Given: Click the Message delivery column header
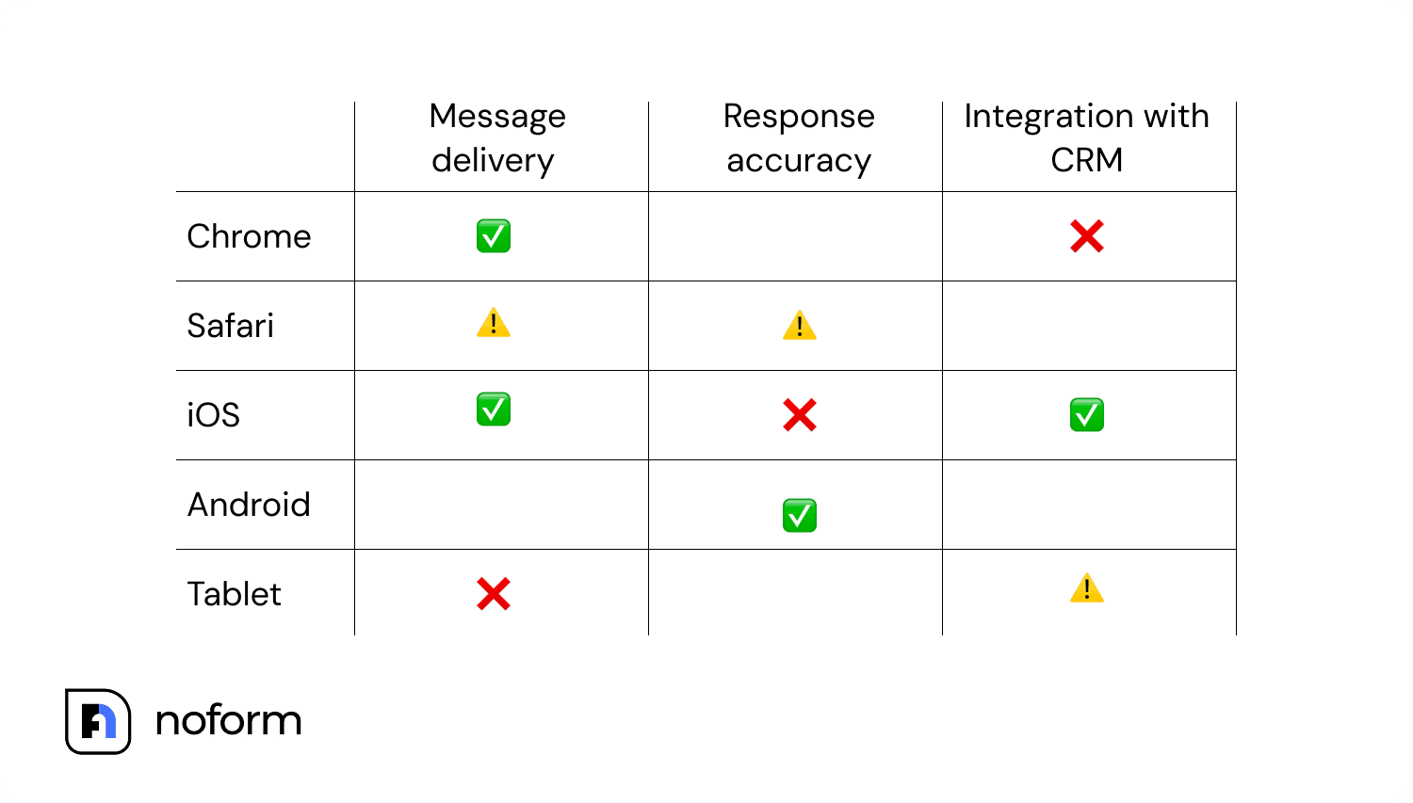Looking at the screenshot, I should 496,138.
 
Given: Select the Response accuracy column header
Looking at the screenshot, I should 799,138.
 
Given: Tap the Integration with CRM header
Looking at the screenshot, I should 1086,138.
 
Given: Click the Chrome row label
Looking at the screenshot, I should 249,236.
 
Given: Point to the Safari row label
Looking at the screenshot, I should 231,326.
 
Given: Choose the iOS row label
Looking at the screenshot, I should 214,415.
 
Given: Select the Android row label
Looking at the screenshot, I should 249,505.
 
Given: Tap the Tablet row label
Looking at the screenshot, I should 234,594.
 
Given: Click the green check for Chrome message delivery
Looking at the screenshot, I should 494,236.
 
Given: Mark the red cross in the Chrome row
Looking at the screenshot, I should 1087,236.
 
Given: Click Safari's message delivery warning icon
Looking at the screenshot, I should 494,324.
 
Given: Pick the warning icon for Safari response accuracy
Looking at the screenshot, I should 800,326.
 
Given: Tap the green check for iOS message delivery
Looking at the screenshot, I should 494,410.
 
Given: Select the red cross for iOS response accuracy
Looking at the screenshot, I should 800,415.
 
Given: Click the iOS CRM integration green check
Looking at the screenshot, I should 1087,415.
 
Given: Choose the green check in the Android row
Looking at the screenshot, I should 800,516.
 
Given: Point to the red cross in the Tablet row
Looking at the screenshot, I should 494,594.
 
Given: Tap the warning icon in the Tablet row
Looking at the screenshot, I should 1087,588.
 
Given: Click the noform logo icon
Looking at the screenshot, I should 98,721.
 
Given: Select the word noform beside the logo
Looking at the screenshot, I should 228,721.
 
